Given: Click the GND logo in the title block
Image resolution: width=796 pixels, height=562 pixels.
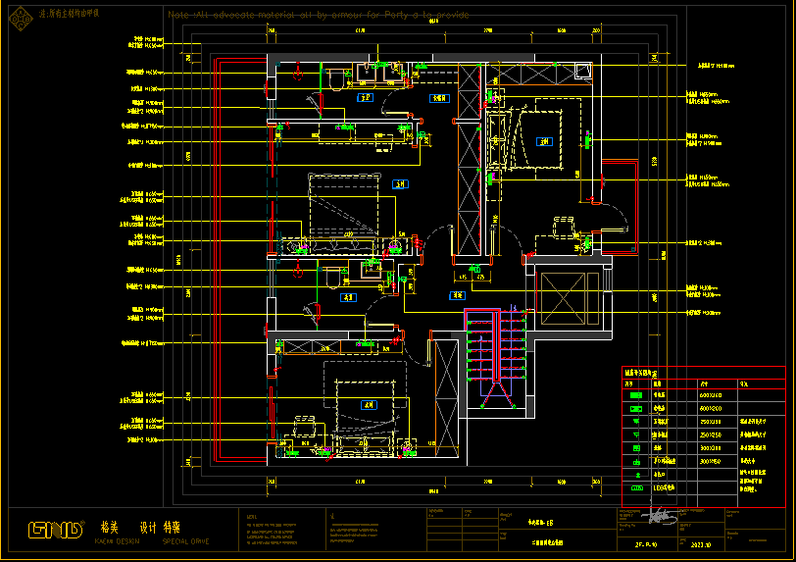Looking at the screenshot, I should pos(56,530).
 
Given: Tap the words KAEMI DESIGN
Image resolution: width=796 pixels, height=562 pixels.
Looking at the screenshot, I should pos(119,541).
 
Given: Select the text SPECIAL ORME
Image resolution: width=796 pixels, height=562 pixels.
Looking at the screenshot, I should pos(186,541).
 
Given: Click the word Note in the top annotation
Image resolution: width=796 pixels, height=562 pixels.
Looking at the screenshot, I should pos(177,16).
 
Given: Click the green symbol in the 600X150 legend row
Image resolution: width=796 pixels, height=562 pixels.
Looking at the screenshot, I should pos(635,395).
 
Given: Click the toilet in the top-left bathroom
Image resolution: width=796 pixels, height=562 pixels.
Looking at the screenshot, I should pos(332,79).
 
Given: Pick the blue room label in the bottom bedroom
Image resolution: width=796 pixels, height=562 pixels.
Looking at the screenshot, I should pos(370,404).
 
